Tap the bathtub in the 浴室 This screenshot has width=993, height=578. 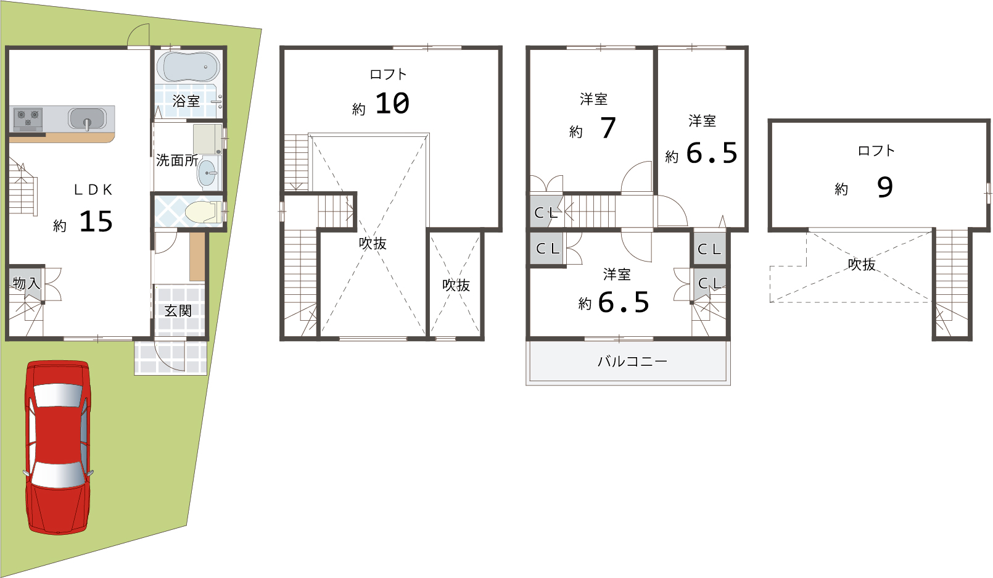coord(188,67)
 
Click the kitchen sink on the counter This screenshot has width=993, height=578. coord(88,119)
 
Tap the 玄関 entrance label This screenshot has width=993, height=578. coord(178,311)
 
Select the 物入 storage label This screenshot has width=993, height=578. coord(27,283)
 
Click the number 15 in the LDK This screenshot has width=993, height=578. coord(96,221)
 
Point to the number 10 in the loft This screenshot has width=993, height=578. coord(392,103)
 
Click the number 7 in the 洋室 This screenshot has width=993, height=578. coord(608,128)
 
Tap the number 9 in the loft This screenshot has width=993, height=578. coord(885,188)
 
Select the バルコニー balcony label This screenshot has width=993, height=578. coord(632,361)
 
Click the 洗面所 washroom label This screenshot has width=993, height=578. coord(177,160)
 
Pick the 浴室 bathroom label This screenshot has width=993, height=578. coord(186,101)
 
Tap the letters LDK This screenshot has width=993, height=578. coord(93,190)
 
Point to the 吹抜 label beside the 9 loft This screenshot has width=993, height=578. coord(862,264)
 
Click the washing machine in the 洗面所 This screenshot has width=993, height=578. coord(207,139)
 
